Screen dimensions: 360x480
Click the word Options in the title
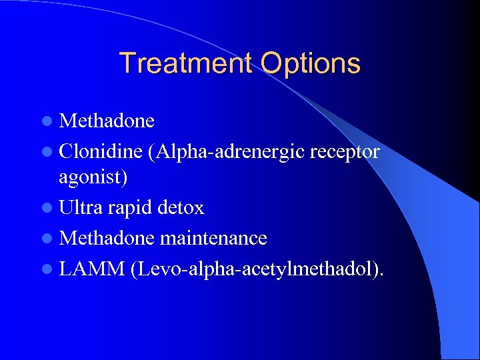pyautogui.click(x=311, y=64)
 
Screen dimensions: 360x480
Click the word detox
pyautogui.click(x=181, y=208)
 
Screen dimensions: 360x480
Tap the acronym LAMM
pyautogui.click(x=90, y=267)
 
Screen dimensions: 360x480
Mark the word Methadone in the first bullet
pyautogui.click(x=107, y=121)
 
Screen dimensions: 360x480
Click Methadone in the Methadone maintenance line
pyautogui.click(x=107, y=238)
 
